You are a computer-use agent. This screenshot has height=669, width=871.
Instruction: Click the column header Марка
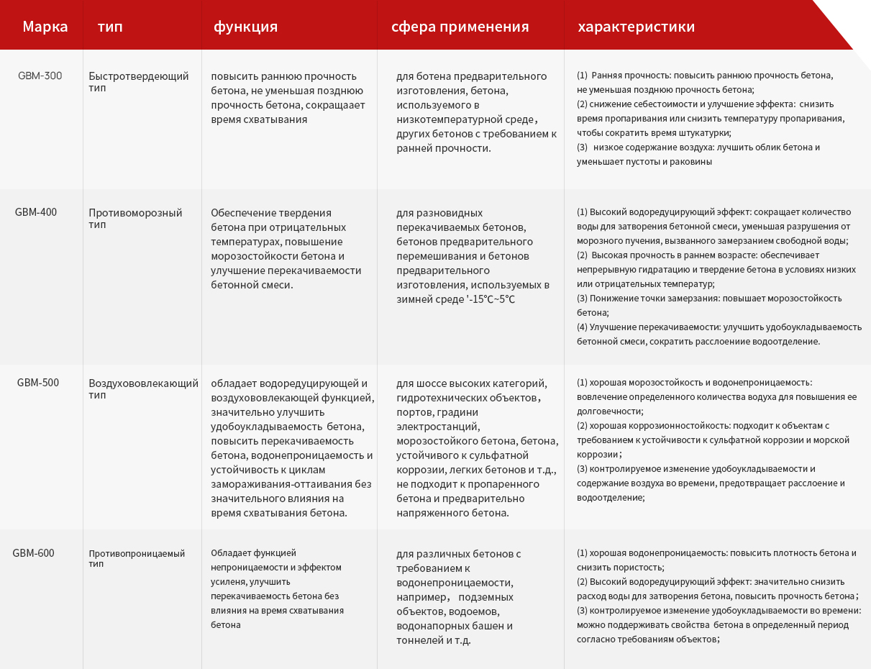(x=45, y=27)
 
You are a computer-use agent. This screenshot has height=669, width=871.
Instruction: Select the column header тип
(x=110, y=27)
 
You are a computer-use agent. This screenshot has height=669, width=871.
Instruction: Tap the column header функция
(x=245, y=27)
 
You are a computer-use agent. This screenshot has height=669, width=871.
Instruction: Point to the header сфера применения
(x=460, y=27)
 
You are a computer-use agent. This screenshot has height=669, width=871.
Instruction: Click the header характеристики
(x=636, y=27)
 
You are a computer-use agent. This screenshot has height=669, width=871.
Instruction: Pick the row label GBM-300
(x=40, y=76)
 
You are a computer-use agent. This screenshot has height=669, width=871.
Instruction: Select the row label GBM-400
(x=36, y=212)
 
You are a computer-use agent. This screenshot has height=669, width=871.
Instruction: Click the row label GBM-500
(x=38, y=383)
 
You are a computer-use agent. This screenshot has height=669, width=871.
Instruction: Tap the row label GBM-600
(x=33, y=553)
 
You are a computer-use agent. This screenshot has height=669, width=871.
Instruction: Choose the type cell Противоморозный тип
(x=135, y=218)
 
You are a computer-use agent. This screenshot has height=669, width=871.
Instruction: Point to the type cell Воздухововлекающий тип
(x=143, y=388)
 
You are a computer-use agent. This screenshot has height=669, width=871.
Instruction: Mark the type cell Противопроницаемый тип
(x=137, y=558)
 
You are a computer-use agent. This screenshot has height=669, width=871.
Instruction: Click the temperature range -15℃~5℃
(x=492, y=299)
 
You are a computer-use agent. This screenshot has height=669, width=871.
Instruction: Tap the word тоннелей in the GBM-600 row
(x=419, y=640)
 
